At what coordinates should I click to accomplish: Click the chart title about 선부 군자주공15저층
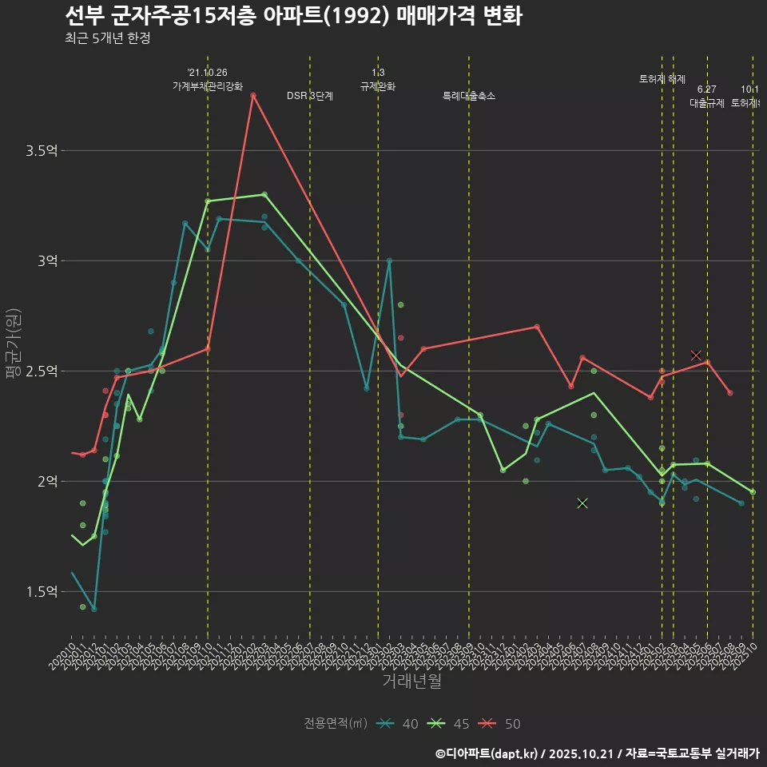coord(292,15)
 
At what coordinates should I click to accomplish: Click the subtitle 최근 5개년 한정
coord(107,38)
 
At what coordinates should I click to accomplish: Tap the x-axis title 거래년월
coord(411,681)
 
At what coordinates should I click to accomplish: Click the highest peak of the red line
coord(253,96)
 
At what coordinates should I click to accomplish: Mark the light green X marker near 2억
coord(582,503)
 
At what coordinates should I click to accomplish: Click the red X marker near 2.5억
coord(696,355)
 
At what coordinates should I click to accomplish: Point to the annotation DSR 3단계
coord(310,96)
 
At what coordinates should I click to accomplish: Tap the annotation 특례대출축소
coord(469,96)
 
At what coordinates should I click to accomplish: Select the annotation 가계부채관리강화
coord(208,86)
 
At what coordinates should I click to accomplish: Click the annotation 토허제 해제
coord(662,79)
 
